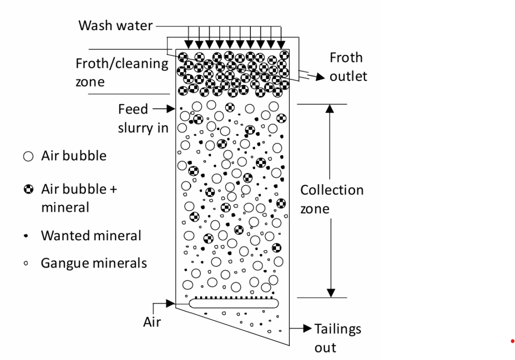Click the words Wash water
click(115, 25)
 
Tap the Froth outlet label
click(348, 67)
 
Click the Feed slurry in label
click(143, 119)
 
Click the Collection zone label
click(331, 199)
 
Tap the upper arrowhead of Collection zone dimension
click(330, 110)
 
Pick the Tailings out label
click(337, 338)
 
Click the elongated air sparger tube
click(234, 303)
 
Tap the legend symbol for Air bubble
click(28, 156)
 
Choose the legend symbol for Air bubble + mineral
click(28, 190)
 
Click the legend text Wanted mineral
click(91, 235)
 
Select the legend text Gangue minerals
click(94, 262)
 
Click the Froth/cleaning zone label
click(122, 72)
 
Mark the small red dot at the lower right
click(512, 341)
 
